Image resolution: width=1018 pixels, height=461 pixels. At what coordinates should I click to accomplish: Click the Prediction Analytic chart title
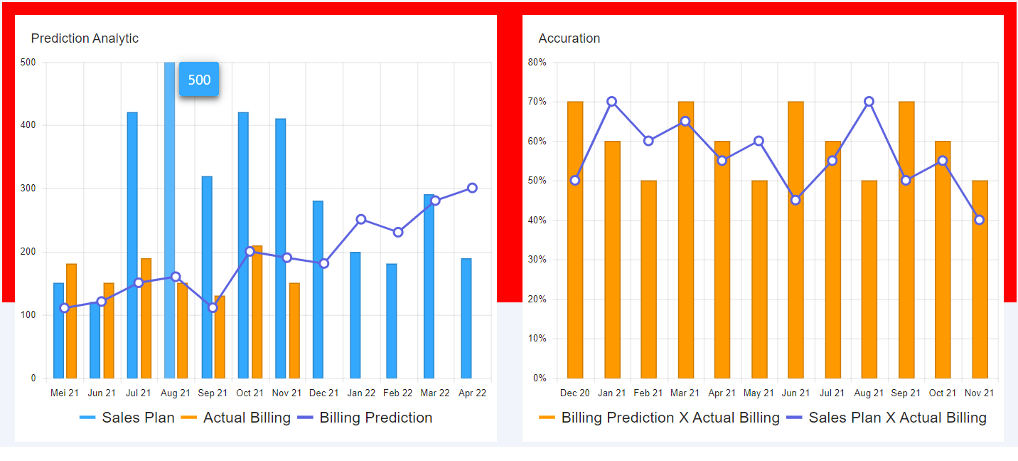coord(85,38)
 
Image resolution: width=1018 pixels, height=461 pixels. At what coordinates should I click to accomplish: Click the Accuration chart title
coord(569,38)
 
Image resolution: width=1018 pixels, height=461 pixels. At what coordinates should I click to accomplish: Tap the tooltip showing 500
coord(199,79)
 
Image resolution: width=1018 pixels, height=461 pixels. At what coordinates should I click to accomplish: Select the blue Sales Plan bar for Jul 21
coord(132,245)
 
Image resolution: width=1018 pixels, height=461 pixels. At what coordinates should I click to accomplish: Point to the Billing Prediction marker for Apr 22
coord(472,188)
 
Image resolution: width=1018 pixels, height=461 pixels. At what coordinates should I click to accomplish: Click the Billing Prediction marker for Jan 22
coord(361,219)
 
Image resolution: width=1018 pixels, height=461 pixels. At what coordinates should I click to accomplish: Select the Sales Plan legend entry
coord(127,418)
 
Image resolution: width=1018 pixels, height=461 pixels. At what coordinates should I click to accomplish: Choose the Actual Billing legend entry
coord(236,418)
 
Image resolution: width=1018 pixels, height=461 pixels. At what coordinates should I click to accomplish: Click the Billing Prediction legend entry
coord(365,418)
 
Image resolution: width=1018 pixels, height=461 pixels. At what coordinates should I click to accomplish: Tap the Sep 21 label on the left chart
coord(213,393)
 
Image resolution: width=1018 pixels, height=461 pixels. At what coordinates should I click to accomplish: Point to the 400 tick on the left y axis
coord(28,125)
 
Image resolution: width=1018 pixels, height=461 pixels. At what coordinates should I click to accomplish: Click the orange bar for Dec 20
coord(575,240)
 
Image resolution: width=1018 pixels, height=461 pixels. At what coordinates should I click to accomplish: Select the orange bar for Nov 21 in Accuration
coord(980,279)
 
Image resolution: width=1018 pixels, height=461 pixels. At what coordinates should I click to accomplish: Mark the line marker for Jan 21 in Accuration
coord(611,102)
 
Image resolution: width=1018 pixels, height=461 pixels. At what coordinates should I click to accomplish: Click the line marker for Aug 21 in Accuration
coord(869,102)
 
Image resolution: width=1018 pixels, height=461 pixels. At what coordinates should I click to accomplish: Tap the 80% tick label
coord(537,63)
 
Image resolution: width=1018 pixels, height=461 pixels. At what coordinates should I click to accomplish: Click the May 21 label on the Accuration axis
coord(759,393)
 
